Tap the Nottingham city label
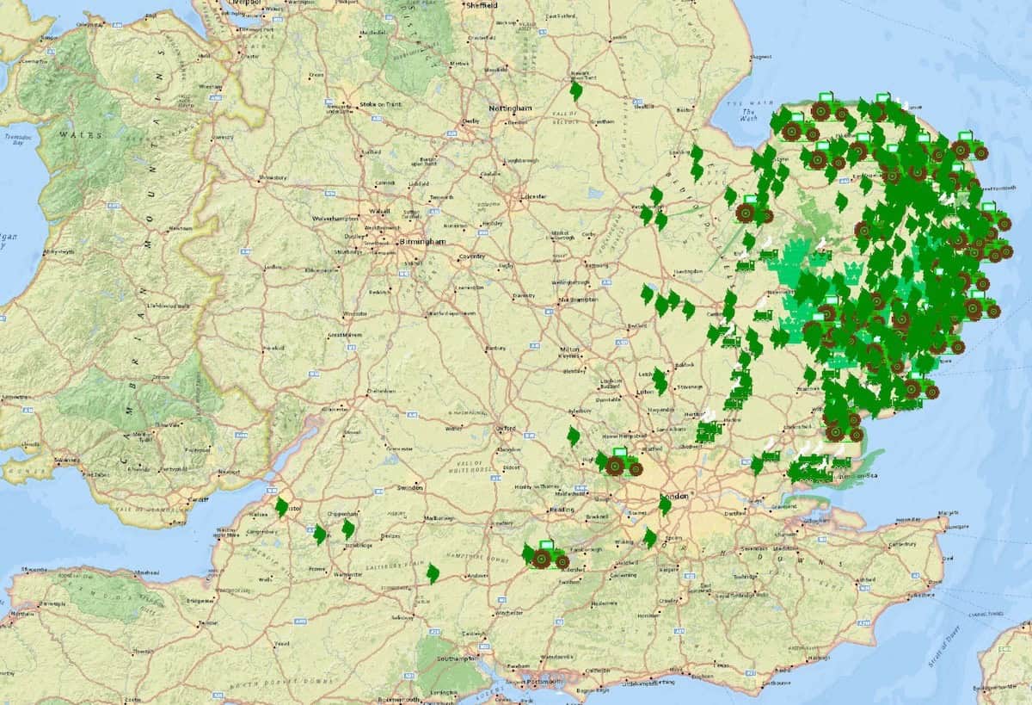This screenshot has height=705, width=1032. (x=511, y=109)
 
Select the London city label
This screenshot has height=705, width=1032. (x=675, y=498)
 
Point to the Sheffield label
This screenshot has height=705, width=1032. (x=481, y=4)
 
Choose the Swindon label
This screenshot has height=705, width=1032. (x=409, y=488)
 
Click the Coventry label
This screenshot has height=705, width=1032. (x=472, y=257)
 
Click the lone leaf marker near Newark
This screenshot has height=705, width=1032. (x=576, y=91)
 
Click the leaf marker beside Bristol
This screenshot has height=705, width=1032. (x=281, y=508)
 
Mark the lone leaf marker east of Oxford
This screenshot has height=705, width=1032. (x=574, y=436)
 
